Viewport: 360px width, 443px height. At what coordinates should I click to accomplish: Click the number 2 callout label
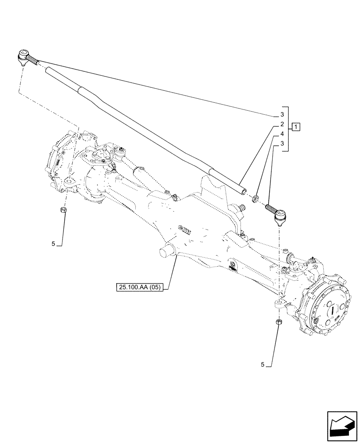click(x=281, y=124)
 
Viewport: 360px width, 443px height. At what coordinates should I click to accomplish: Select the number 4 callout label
click(x=281, y=133)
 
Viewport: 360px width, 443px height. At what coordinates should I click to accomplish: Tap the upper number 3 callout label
click(x=281, y=115)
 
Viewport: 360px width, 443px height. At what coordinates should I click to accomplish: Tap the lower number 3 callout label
click(x=281, y=143)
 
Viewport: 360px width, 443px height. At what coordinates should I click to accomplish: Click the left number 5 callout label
click(x=53, y=244)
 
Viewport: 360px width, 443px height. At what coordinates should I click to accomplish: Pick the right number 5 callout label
click(x=263, y=365)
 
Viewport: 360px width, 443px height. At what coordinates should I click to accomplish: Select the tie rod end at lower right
click(x=279, y=217)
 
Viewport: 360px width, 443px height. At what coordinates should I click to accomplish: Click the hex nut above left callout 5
click(x=64, y=210)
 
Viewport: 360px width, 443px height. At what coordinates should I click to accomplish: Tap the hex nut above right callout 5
click(x=278, y=322)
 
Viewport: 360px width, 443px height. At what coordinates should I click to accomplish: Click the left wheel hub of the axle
click(x=57, y=159)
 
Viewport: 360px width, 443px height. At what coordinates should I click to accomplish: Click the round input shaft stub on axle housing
click(x=166, y=251)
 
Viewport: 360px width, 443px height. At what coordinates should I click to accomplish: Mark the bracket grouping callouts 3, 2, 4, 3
click(x=288, y=129)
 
